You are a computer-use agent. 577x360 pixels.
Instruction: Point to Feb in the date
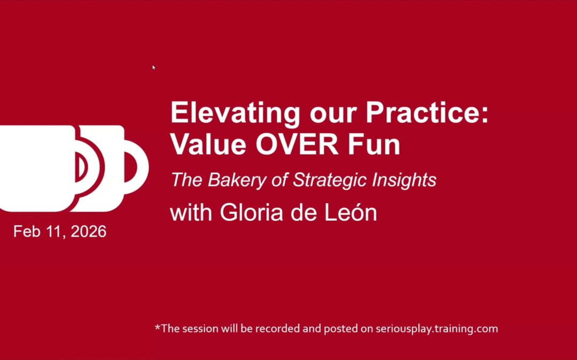[25, 232]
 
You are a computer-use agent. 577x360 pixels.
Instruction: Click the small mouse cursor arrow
[153, 67]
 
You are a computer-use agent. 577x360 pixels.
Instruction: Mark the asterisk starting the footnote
[158, 327]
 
